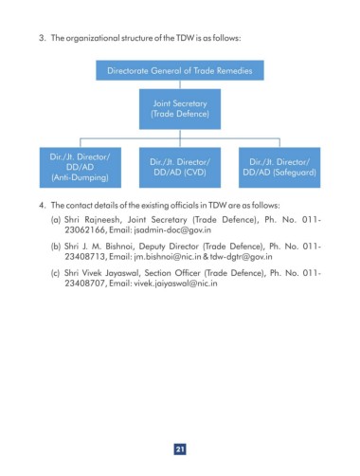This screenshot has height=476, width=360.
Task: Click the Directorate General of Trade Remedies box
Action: [180, 70]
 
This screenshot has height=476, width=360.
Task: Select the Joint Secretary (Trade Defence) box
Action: [180, 109]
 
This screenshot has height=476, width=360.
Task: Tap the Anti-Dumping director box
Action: [81, 168]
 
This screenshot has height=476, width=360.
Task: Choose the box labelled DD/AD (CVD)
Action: [180, 168]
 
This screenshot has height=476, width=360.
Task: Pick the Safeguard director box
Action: [279, 168]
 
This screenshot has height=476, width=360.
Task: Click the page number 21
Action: [180, 449]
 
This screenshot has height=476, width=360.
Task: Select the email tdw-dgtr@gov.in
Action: [241, 257]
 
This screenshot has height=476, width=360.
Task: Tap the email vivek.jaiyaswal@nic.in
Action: [175, 284]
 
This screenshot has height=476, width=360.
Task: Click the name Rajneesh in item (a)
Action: [102, 220]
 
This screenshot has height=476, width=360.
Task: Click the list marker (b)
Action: [56, 247]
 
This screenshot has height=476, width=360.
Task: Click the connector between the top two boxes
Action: [180, 84]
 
